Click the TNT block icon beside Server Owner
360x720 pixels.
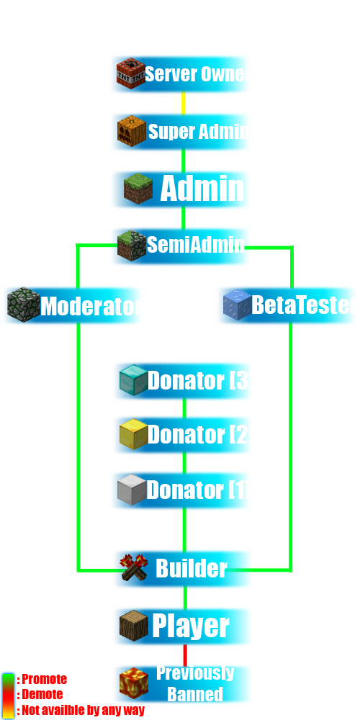(x=131, y=73)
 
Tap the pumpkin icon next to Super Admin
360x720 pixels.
(x=132, y=131)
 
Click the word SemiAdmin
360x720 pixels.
(x=196, y=246)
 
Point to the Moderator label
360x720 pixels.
(x=89, y=306)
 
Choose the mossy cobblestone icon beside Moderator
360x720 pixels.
(x=24, y=305)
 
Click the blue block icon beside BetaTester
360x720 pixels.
(x=238, y=305)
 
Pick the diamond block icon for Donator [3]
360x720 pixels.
(x=134, y=379)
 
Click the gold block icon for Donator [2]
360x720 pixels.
(x=134, y=434)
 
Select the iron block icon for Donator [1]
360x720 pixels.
(x=132, y=490)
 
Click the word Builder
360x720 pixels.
(x=192, y=569)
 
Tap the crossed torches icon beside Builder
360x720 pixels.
(x=134, y=568)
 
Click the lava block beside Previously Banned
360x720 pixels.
(x=134, y=683)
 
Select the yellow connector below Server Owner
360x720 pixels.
(x=184, y=103)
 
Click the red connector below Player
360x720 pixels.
(x=186, y=656)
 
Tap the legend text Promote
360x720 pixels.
(x=45, y=679)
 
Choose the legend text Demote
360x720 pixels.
(x=42, y=694)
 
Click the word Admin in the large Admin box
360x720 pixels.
(x=202, y=189)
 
